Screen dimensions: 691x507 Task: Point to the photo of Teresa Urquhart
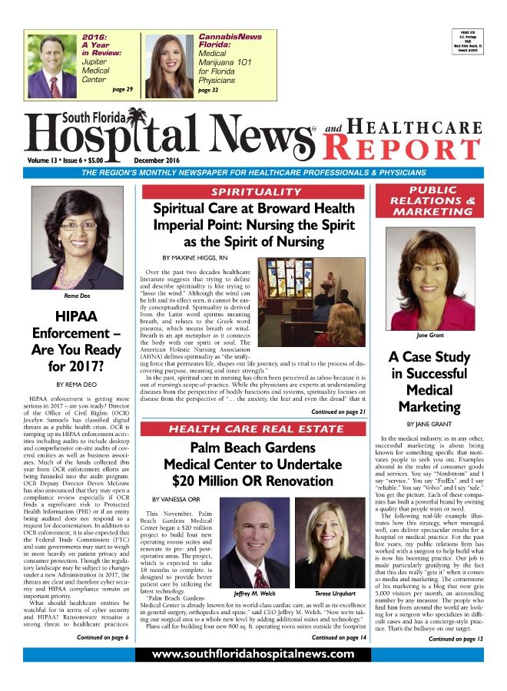[329, 545]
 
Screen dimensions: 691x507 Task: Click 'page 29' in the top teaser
[122, 90]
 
